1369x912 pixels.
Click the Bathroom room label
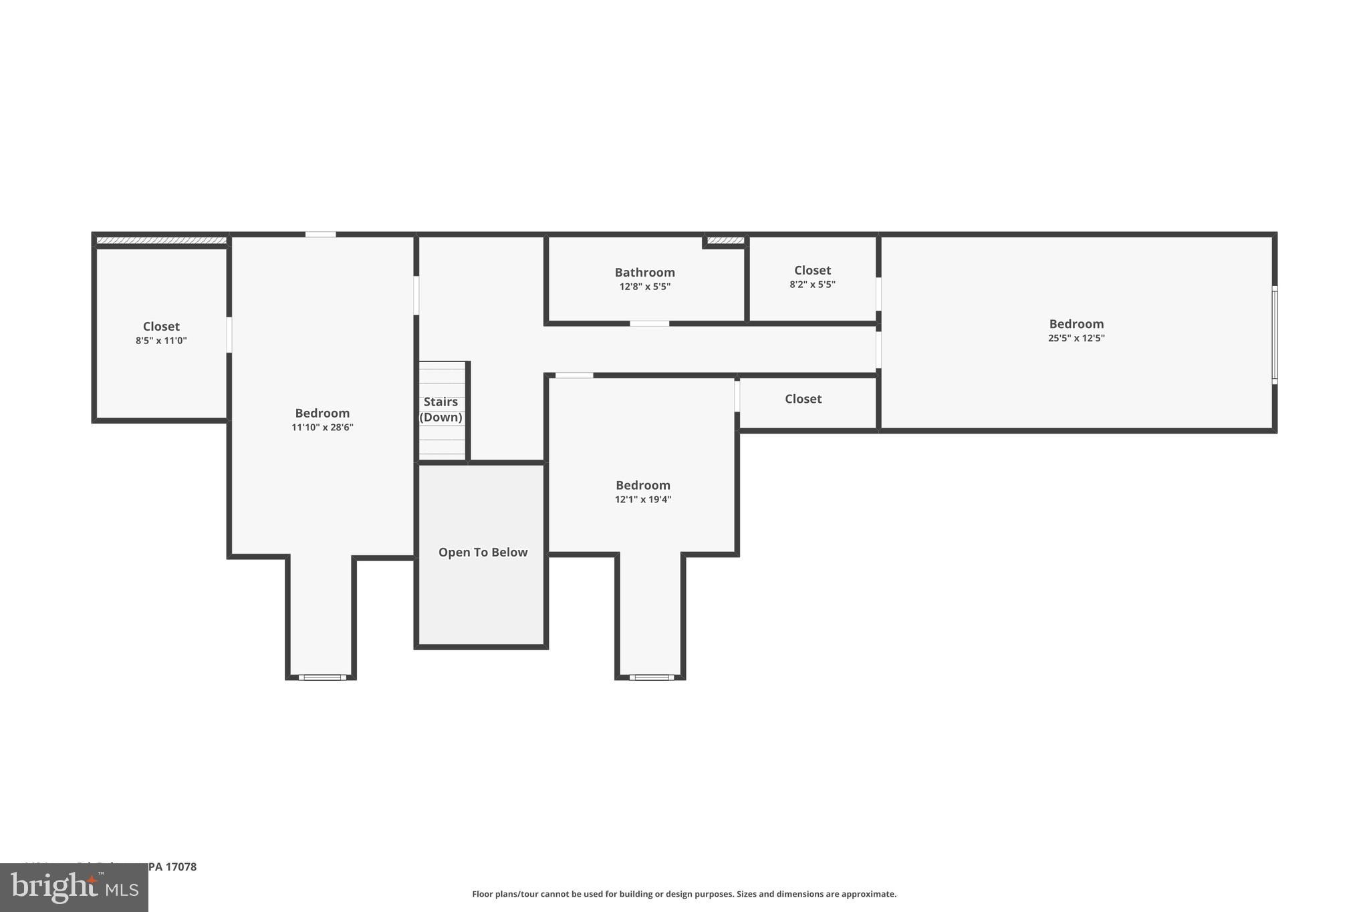pyautogui.click(x=644, y=273)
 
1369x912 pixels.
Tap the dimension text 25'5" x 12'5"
pyautogui.click(x=1076, y=338)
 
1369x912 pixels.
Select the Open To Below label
pyautogui.click(x=483, y=553)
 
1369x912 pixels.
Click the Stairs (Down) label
pyautogui.click(x=441, y=409)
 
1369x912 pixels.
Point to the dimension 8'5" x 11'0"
pyautogui.click(x=161, y=341)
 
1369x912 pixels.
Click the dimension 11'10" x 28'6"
pyautogui.click(x=322, y=428)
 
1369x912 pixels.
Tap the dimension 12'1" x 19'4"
pyautogui.click(x=642, y=500)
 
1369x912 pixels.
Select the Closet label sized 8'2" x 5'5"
pyautogui.click(x=812, y=271)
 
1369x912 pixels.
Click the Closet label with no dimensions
pyautogui.click(x=803, y=399)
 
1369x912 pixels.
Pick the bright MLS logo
pyautogui.click(x=74, y=887)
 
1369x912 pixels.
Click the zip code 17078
pyautogui.click(x=180, y=867)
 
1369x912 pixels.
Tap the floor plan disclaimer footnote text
pyautogui.click(x=684, y=894)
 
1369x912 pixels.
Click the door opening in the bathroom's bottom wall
pyautogui.click(x=649, y=323)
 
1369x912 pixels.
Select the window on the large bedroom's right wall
pyautogui.click(x=1274, y=335)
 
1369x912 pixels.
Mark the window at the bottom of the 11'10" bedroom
pyautogui.click(x=322, y=677)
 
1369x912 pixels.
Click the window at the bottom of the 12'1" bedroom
pyautogui.click(x=651, y=677)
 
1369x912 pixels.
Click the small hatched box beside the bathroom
pyautogui.click(x=725, y=241)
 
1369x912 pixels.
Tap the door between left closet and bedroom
pyautogui.click(x=229, y=335)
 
